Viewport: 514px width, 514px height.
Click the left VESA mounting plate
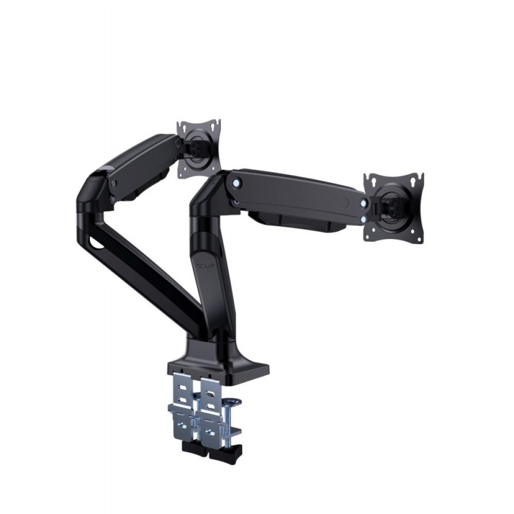(x=198, y=149)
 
